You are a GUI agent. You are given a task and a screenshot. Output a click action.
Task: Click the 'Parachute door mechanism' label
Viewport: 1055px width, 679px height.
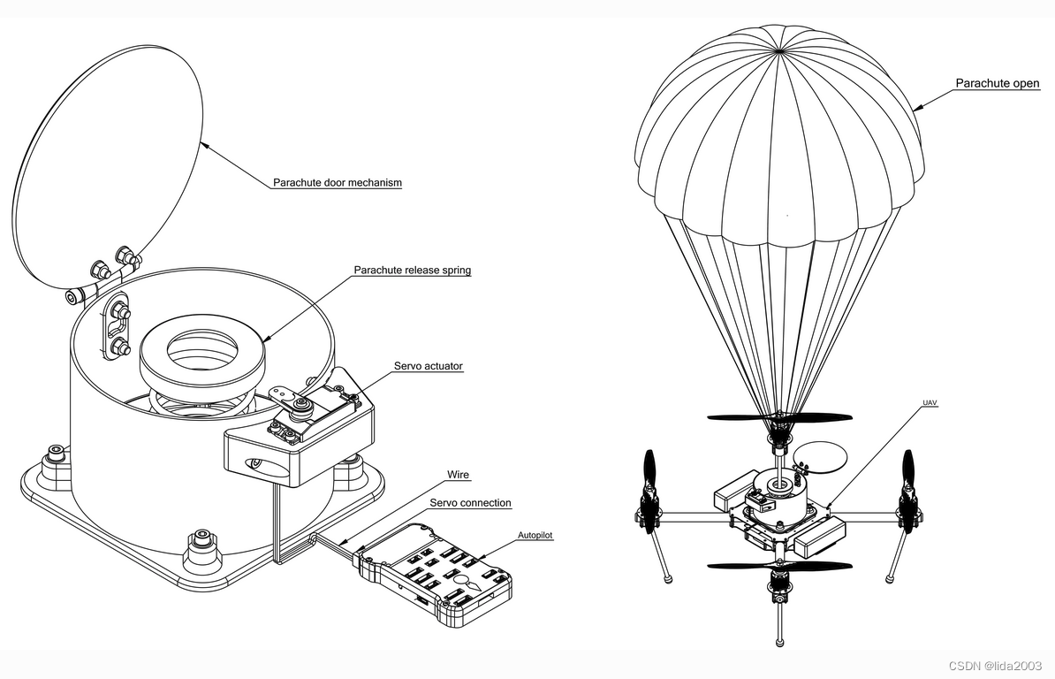337,183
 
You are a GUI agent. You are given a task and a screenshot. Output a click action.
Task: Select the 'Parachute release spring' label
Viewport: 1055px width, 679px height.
412,271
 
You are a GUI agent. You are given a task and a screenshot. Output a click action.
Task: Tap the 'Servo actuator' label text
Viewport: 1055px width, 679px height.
428,366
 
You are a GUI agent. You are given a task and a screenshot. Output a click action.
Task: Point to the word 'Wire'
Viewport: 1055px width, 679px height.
458,476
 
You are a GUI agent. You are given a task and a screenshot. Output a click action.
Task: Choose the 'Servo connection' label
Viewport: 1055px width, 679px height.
470,503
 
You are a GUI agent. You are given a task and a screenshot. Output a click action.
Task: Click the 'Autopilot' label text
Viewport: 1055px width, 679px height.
535,536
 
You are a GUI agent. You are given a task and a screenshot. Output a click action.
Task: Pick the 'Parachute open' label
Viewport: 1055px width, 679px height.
997,84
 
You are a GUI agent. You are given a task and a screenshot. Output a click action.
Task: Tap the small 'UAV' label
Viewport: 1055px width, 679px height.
930,403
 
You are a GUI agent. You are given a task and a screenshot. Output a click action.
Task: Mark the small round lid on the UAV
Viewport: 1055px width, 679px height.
820,456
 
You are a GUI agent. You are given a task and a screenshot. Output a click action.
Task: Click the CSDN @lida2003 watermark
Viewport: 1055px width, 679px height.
995,666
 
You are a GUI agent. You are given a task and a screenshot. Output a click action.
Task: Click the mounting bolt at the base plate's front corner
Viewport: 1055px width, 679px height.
202,537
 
